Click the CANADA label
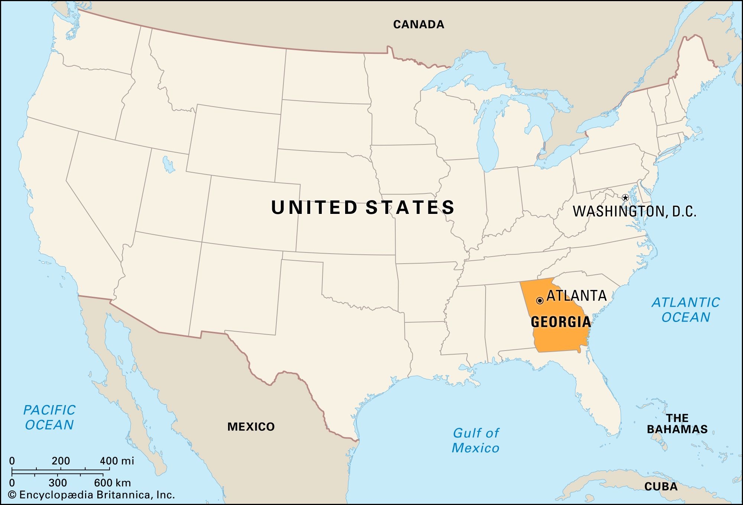[419, 25]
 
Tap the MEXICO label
[251, 427]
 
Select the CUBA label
[661, 486]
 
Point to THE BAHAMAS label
[677, 424]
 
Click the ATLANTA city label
[577, 296]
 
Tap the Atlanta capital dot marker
[540, 301]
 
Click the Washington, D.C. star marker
[625, 198]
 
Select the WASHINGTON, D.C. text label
[634, 211]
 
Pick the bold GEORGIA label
[561, 322]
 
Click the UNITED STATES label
[363, 207]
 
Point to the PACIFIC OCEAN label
[49, 417]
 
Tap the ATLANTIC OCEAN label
[686, 310]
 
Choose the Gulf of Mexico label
[476, 440]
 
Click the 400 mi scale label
[117, 461]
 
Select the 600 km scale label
[112, 483]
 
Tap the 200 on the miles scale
[61, 461]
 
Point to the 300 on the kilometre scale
[58, 483]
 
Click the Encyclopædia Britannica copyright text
[91, 495]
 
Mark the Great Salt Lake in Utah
[168, 164]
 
